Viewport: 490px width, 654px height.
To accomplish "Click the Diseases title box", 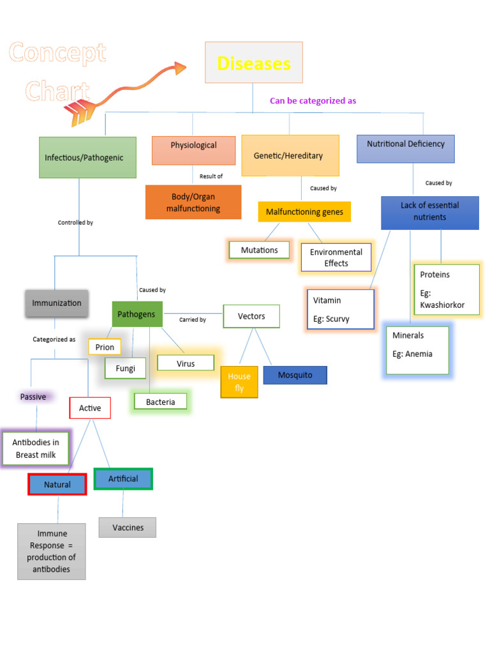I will click(x=253, y=63).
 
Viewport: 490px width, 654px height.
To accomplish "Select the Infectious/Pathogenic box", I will click(x=87, y=157).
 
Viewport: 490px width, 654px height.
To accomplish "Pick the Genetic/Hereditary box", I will click(x=290, y=156).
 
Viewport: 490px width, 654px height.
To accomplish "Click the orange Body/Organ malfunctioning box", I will click(x=193, y=202).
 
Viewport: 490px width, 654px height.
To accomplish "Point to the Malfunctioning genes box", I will click(x=304, y=211).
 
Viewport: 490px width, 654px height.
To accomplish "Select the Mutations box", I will click(x=259, y=250).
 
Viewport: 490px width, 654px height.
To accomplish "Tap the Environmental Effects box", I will click(x=336, y=257).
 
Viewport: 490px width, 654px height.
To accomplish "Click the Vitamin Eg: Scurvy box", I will click(x=340, y=309).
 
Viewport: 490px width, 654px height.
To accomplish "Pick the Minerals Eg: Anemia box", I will click(x=417, y=349).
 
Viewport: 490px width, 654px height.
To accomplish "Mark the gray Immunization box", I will click(x=57, y=303).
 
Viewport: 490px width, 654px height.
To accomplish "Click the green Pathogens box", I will click(x=137, y=314).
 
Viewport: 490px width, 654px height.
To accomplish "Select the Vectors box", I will click(x=251, y=316).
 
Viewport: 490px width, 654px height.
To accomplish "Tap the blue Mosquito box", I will click(x=295, y=375).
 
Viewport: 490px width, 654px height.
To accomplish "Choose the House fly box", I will click(x=239, y=382).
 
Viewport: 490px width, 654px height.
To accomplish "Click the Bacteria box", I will click(x=160, y=402).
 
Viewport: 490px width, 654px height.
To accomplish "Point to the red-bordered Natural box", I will click(x=57, y=485).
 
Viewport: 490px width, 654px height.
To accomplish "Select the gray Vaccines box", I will click(x=128, y=528).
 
